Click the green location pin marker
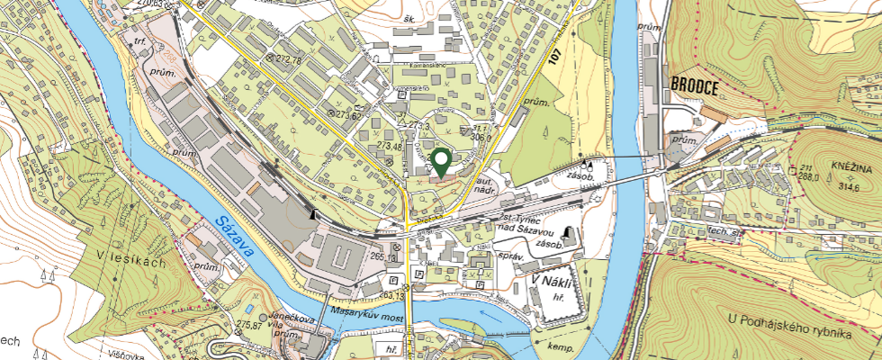(x=442, y=162)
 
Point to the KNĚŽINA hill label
(x=852, y=168)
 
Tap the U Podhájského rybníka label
(x=790, y=332)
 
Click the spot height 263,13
(x=393, y=294)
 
